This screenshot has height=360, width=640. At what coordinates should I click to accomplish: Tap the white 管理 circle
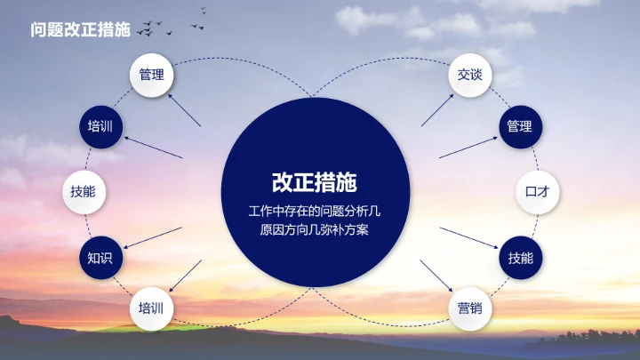click(151, 75)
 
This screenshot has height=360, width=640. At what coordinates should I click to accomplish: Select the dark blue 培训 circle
click(100, 127)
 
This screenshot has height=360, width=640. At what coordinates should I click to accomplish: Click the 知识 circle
click(100, 259)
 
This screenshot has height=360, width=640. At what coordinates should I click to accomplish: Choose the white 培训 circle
click(151, 309)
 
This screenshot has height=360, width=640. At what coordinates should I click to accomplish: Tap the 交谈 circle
click(469, 75)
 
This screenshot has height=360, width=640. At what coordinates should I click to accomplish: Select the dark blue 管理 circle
click(520, 127)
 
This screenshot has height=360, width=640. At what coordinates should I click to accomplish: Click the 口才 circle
click(537, 190)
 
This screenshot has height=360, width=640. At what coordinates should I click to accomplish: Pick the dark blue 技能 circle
click(520, 259)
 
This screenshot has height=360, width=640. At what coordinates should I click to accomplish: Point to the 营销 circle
click(469, 309)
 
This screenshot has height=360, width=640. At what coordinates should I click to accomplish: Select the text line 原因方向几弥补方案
click(316, 230)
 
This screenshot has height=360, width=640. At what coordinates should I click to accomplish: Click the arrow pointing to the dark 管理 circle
click(468, 146)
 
